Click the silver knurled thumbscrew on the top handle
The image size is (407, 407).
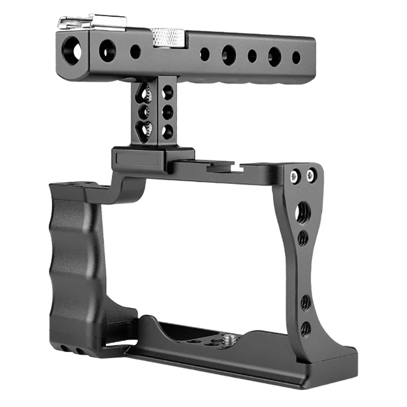[x=168, y=36]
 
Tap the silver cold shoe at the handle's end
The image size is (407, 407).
[x=92, y=22]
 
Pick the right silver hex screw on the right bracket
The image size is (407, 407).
[x=310, y=176]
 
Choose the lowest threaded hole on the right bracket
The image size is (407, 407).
[x=305, y=329]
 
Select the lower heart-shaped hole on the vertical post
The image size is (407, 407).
[x=146, y=129]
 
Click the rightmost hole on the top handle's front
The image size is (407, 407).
[x=296, y=57]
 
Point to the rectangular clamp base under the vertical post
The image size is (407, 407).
[x=153, y=159]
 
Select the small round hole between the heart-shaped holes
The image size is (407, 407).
[x=146, y=111]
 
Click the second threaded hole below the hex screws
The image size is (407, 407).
[x=303, y=237]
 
